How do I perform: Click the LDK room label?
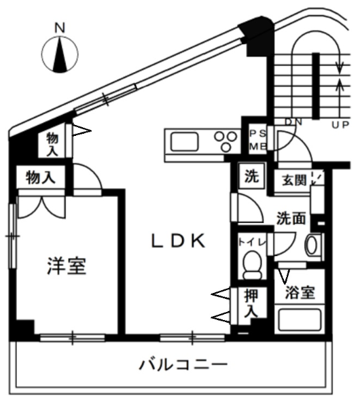click(178, 241)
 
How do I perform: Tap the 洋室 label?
click(67, 266)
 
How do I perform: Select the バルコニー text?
click(183, 364)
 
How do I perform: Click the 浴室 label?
click(300, 293)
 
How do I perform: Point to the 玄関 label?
click(294, 180)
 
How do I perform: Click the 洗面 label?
click(291, 219)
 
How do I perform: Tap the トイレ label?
click(252, 242)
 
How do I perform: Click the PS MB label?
click(257, 140)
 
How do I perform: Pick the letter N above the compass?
click(60, 28)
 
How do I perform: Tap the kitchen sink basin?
click(184, 141)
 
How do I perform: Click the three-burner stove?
click(226, 141)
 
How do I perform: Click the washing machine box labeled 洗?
click(251, 176)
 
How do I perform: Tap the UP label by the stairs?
click(340, 125)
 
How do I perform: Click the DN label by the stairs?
click(293, 122)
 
